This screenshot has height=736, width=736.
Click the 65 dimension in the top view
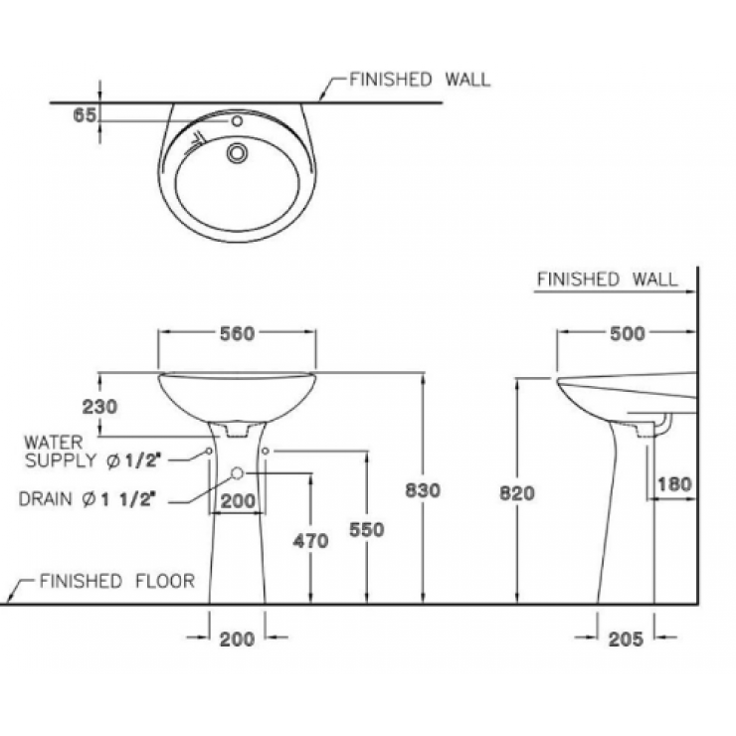point(84,116)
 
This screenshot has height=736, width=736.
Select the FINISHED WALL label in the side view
point(607,279)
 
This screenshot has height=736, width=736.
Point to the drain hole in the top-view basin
point(238,153)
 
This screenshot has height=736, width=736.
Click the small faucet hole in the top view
point(237,122)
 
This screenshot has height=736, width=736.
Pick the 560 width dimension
point(236,334)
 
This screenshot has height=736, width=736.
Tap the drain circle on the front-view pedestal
point(238,472)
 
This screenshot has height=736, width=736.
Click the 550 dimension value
point(367,530)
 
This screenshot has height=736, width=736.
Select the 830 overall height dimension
point(424,488)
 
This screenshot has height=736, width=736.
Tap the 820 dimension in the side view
point(518,492)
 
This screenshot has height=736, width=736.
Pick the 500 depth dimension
point(626,334)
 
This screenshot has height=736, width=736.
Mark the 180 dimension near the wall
point(673,484)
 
